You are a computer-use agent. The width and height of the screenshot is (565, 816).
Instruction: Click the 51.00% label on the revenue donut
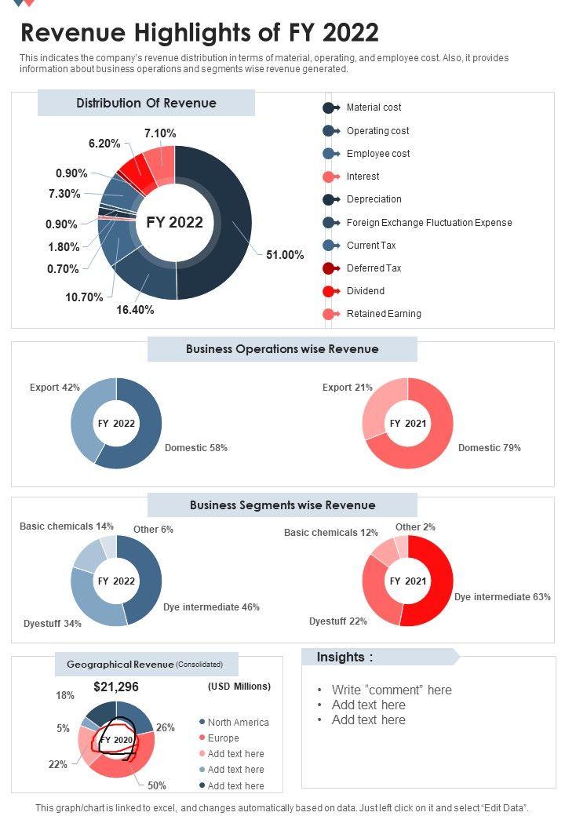click(285, 255)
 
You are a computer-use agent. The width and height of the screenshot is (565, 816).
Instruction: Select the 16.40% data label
click(135, 309)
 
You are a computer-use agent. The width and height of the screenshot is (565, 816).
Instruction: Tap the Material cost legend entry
click(374, 107)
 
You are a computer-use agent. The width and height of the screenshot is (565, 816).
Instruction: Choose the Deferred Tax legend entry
click(374, 268)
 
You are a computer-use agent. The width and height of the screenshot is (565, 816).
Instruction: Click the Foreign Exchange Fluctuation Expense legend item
click(428, 223)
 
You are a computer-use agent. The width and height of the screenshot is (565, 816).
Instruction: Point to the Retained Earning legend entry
click(384, 314)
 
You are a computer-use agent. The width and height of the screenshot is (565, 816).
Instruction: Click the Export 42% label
click(55, 388)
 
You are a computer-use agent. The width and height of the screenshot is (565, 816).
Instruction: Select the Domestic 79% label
click(490, 448)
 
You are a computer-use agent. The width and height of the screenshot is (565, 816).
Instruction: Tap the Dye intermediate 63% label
click(502, 597)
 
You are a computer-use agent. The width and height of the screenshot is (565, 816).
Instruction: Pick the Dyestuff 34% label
click(53, 625)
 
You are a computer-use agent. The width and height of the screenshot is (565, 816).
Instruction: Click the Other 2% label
click(415, 527)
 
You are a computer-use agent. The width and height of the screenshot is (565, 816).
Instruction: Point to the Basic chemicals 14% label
click(67, 526)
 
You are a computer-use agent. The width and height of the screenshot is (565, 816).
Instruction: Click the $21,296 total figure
click(116, 687)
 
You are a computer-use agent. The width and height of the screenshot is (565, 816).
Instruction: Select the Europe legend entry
click(223, 738)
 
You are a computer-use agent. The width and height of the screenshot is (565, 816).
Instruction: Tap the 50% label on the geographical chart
click(157, 785)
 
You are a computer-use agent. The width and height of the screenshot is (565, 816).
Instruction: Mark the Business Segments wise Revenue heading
click(282, 505)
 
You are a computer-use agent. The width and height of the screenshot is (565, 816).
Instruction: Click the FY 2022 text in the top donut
click(174, 223)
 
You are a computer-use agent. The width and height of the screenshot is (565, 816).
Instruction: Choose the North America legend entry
click(238, 723)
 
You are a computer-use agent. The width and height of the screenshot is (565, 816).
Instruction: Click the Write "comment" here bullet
click(392, 690)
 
